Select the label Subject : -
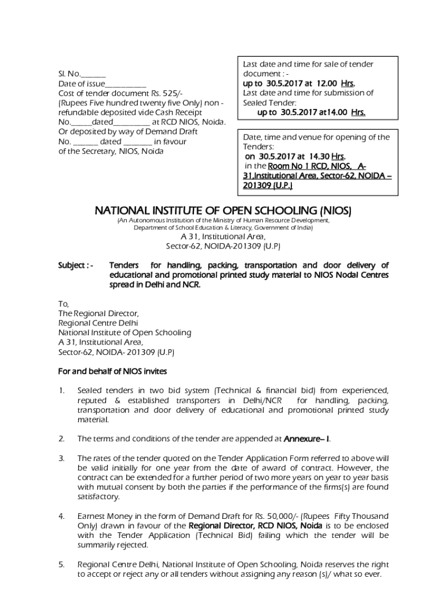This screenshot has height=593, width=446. [75, 265]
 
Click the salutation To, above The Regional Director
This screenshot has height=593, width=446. [64, 304]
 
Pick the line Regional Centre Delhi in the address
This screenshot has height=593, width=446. [98, 323]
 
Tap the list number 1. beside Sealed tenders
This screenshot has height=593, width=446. [61, 391]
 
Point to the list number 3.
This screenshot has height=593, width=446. [61, 458]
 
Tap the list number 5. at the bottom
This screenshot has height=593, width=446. [61, 564]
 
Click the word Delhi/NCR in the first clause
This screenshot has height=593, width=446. [265, 401]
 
